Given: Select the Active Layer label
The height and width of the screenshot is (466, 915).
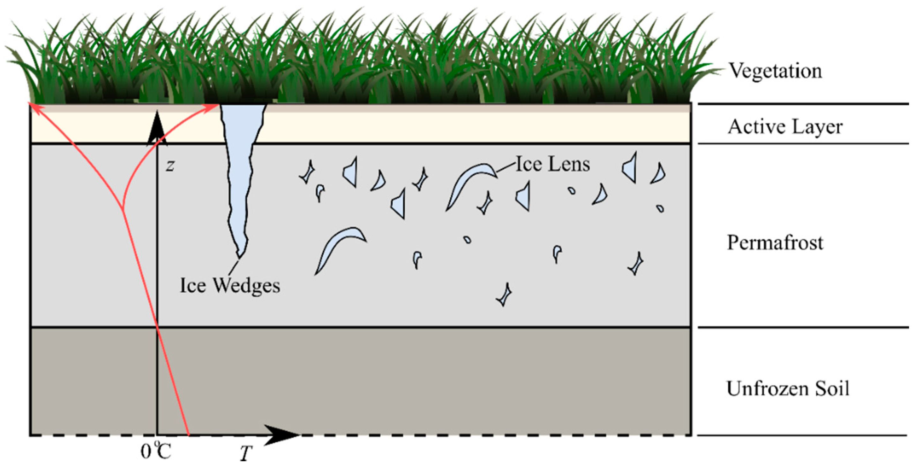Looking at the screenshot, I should pos(785,127).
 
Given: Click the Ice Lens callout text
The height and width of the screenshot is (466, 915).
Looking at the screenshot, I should pos(553,164).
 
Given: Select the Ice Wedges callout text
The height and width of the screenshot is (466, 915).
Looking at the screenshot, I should pos(230,286).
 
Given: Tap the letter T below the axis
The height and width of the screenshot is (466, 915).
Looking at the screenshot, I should pos(245,454).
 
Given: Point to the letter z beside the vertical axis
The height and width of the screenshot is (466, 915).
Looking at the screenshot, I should pos(170,166).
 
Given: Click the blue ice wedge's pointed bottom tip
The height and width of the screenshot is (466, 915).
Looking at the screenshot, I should pos(240,256).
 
